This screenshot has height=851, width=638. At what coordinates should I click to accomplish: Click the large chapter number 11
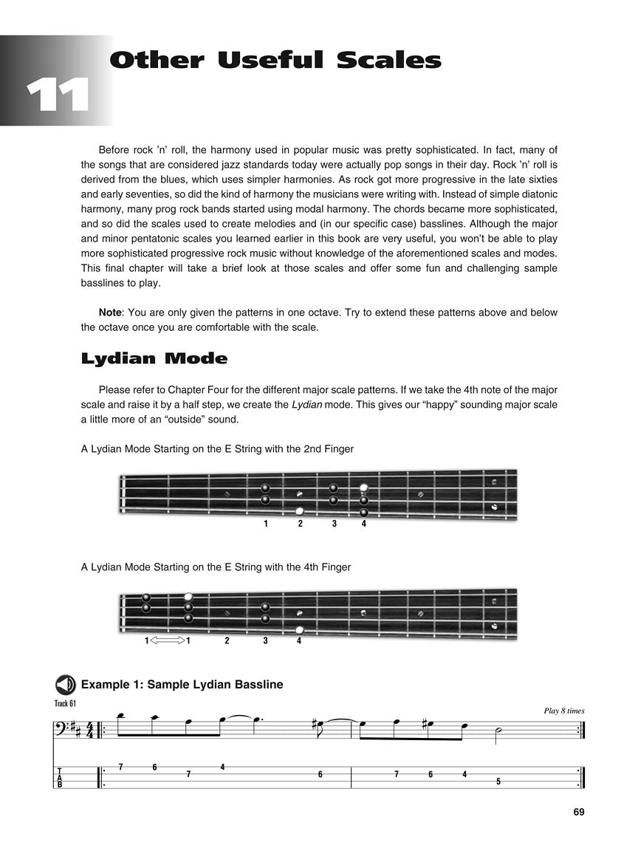[58, 95]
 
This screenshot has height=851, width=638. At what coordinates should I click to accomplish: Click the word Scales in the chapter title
[388, 61]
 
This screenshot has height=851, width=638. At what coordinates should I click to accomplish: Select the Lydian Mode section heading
[154, 359]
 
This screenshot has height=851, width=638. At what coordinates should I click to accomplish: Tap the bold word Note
[110, 312]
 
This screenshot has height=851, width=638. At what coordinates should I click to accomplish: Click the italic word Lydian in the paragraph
[305, 405]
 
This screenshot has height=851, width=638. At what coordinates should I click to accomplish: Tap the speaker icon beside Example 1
[66, 684]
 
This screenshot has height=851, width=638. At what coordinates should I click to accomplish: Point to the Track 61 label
[65, 703]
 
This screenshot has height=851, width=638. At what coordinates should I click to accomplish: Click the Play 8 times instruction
[563, 711]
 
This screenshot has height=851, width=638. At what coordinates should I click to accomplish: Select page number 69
[578, 812]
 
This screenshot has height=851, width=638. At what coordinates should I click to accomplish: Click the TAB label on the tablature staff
[60, 778]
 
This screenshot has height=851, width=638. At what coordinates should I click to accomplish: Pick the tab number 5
[498, 781]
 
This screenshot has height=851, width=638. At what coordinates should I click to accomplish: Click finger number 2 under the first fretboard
[300, 524]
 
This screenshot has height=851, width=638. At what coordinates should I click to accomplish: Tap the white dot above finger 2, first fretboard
[300, 511]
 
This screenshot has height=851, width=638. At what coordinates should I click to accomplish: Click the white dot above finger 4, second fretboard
[299, 630]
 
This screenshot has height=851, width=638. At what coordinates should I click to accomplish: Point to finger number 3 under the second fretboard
[265, 640]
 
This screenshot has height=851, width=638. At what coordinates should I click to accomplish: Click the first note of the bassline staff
[120, 715]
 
